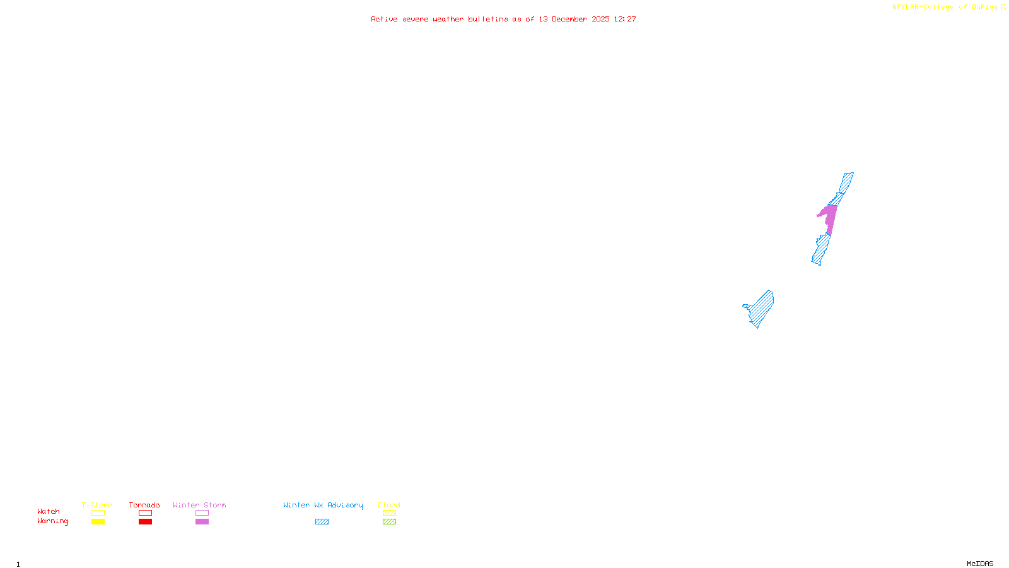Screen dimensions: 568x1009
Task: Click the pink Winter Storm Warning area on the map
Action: [x=830, y=218]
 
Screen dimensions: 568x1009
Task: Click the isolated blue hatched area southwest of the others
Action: [x=761, y=308]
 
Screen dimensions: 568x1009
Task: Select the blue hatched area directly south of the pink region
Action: [x=821, y=249]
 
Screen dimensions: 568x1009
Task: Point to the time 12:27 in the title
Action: [x=625, y=19]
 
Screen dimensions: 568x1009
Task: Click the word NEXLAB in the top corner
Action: [x=906, y=7]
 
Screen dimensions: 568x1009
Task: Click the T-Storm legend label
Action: [x=97, y=505]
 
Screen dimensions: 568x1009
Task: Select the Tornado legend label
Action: [x=144, y=505]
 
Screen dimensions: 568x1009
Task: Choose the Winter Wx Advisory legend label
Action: [x=323, y=505]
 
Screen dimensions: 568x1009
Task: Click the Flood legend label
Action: [x=389, y=505]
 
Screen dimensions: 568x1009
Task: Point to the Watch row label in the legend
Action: [x=49, y=511]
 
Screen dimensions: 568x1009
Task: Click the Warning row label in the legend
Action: [x=52, y=521]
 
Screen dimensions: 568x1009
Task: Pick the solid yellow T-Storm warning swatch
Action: [x=98, y=522]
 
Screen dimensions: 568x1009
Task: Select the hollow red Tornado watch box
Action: [x=145, y=513]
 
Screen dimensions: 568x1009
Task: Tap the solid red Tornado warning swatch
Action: [x=145, y=522]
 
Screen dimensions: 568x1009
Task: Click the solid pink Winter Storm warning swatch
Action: [x=202, y=522]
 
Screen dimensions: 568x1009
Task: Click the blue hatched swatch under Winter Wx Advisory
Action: [x=322, y=522]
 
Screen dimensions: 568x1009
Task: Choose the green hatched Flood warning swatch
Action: [x=389, y=522]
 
